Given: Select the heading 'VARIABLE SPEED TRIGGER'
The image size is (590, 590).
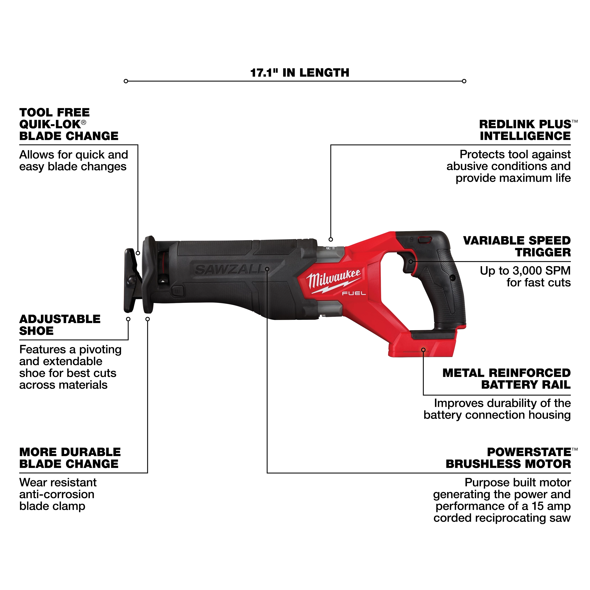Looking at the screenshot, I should pos(517,246).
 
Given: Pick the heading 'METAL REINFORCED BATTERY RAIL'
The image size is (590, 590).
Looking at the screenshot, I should pos(506,379).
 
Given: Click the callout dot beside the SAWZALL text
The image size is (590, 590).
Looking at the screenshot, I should pos(267,269).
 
